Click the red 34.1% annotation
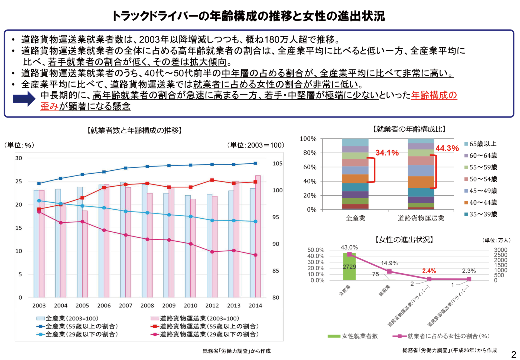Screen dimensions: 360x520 click(x=387, y=153)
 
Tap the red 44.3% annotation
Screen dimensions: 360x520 click(x=447, y=148)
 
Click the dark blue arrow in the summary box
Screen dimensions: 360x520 click(x=24, y=99)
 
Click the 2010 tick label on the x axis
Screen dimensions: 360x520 click(x=190, y=306)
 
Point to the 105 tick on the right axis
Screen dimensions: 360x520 click(x=277, y=164)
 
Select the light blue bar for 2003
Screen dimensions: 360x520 click(x=36, y=244)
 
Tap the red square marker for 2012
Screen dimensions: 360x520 click(x=212, y=180)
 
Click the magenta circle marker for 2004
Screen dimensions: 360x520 click(x=61, y=223)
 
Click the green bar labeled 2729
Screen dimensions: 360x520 click(x=349, y=267)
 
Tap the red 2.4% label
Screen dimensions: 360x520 click(x=429, y=271)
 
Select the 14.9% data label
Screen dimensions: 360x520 click(x=389, y=263)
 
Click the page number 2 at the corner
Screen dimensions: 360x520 click(x=513, y=354)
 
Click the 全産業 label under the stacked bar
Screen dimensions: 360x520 click(x=355, y=218)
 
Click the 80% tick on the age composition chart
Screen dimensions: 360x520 click(x=310, y=153)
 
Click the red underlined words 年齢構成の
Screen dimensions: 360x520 click(x=434, y=95)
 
